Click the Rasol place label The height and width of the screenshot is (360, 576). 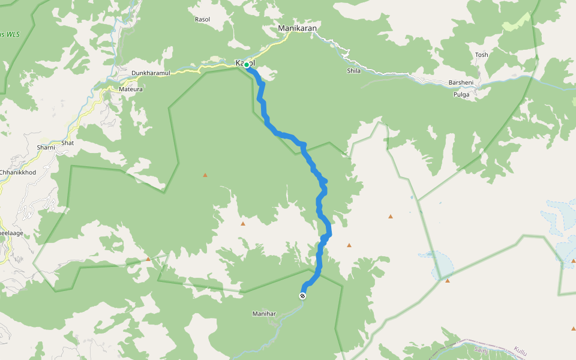(203, 19)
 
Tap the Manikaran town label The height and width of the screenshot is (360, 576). (297, 28)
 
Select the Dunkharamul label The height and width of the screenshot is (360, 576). (151, 73)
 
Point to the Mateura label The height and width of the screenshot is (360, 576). (131, 89)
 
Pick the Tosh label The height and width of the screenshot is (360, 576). (481, 55)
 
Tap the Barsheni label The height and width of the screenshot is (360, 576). (461, 83)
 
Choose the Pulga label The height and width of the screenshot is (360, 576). (461, 95)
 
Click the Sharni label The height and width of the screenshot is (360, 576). (46, 147)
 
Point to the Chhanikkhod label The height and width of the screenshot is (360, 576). (17, 172)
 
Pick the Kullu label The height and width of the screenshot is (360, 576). (520, 351)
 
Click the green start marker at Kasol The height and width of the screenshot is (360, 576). (247, 65)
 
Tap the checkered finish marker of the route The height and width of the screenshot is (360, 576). (302, 295)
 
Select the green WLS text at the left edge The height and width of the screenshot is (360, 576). (10, 34)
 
